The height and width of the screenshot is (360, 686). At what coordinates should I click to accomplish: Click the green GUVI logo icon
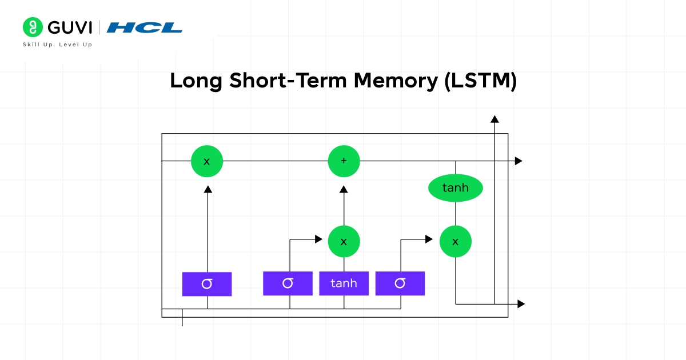[33, 27]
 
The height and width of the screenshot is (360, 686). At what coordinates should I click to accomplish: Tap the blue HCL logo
[145, 27]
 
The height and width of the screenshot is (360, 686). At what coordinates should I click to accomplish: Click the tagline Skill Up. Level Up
[57, 45]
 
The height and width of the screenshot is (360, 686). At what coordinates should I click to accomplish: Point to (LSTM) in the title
[480, 81]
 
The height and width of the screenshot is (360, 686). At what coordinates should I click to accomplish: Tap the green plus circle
[344, 161]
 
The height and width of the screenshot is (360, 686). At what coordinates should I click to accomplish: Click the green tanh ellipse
[456, 187]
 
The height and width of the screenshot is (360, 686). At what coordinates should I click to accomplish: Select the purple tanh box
[344, 283]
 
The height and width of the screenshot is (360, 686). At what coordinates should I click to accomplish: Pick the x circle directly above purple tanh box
[344, 241]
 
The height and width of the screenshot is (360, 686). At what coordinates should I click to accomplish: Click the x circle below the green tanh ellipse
[456, 241]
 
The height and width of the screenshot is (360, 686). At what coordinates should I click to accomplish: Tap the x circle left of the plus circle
[207, 161]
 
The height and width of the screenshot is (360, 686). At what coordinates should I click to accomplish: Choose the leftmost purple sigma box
[207, 284]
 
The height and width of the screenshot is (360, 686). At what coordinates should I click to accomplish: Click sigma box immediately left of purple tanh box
[288, 283]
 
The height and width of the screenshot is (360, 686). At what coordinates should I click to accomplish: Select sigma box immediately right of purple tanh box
[400, 283]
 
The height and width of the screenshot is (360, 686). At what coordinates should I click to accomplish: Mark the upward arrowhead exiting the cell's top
[494, 118]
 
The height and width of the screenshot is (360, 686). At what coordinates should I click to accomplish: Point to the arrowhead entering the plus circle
[344, 189]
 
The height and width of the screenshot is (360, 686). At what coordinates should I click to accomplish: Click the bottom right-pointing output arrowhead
[521, 304]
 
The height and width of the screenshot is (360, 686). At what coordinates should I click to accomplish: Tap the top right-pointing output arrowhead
[519, 161]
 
